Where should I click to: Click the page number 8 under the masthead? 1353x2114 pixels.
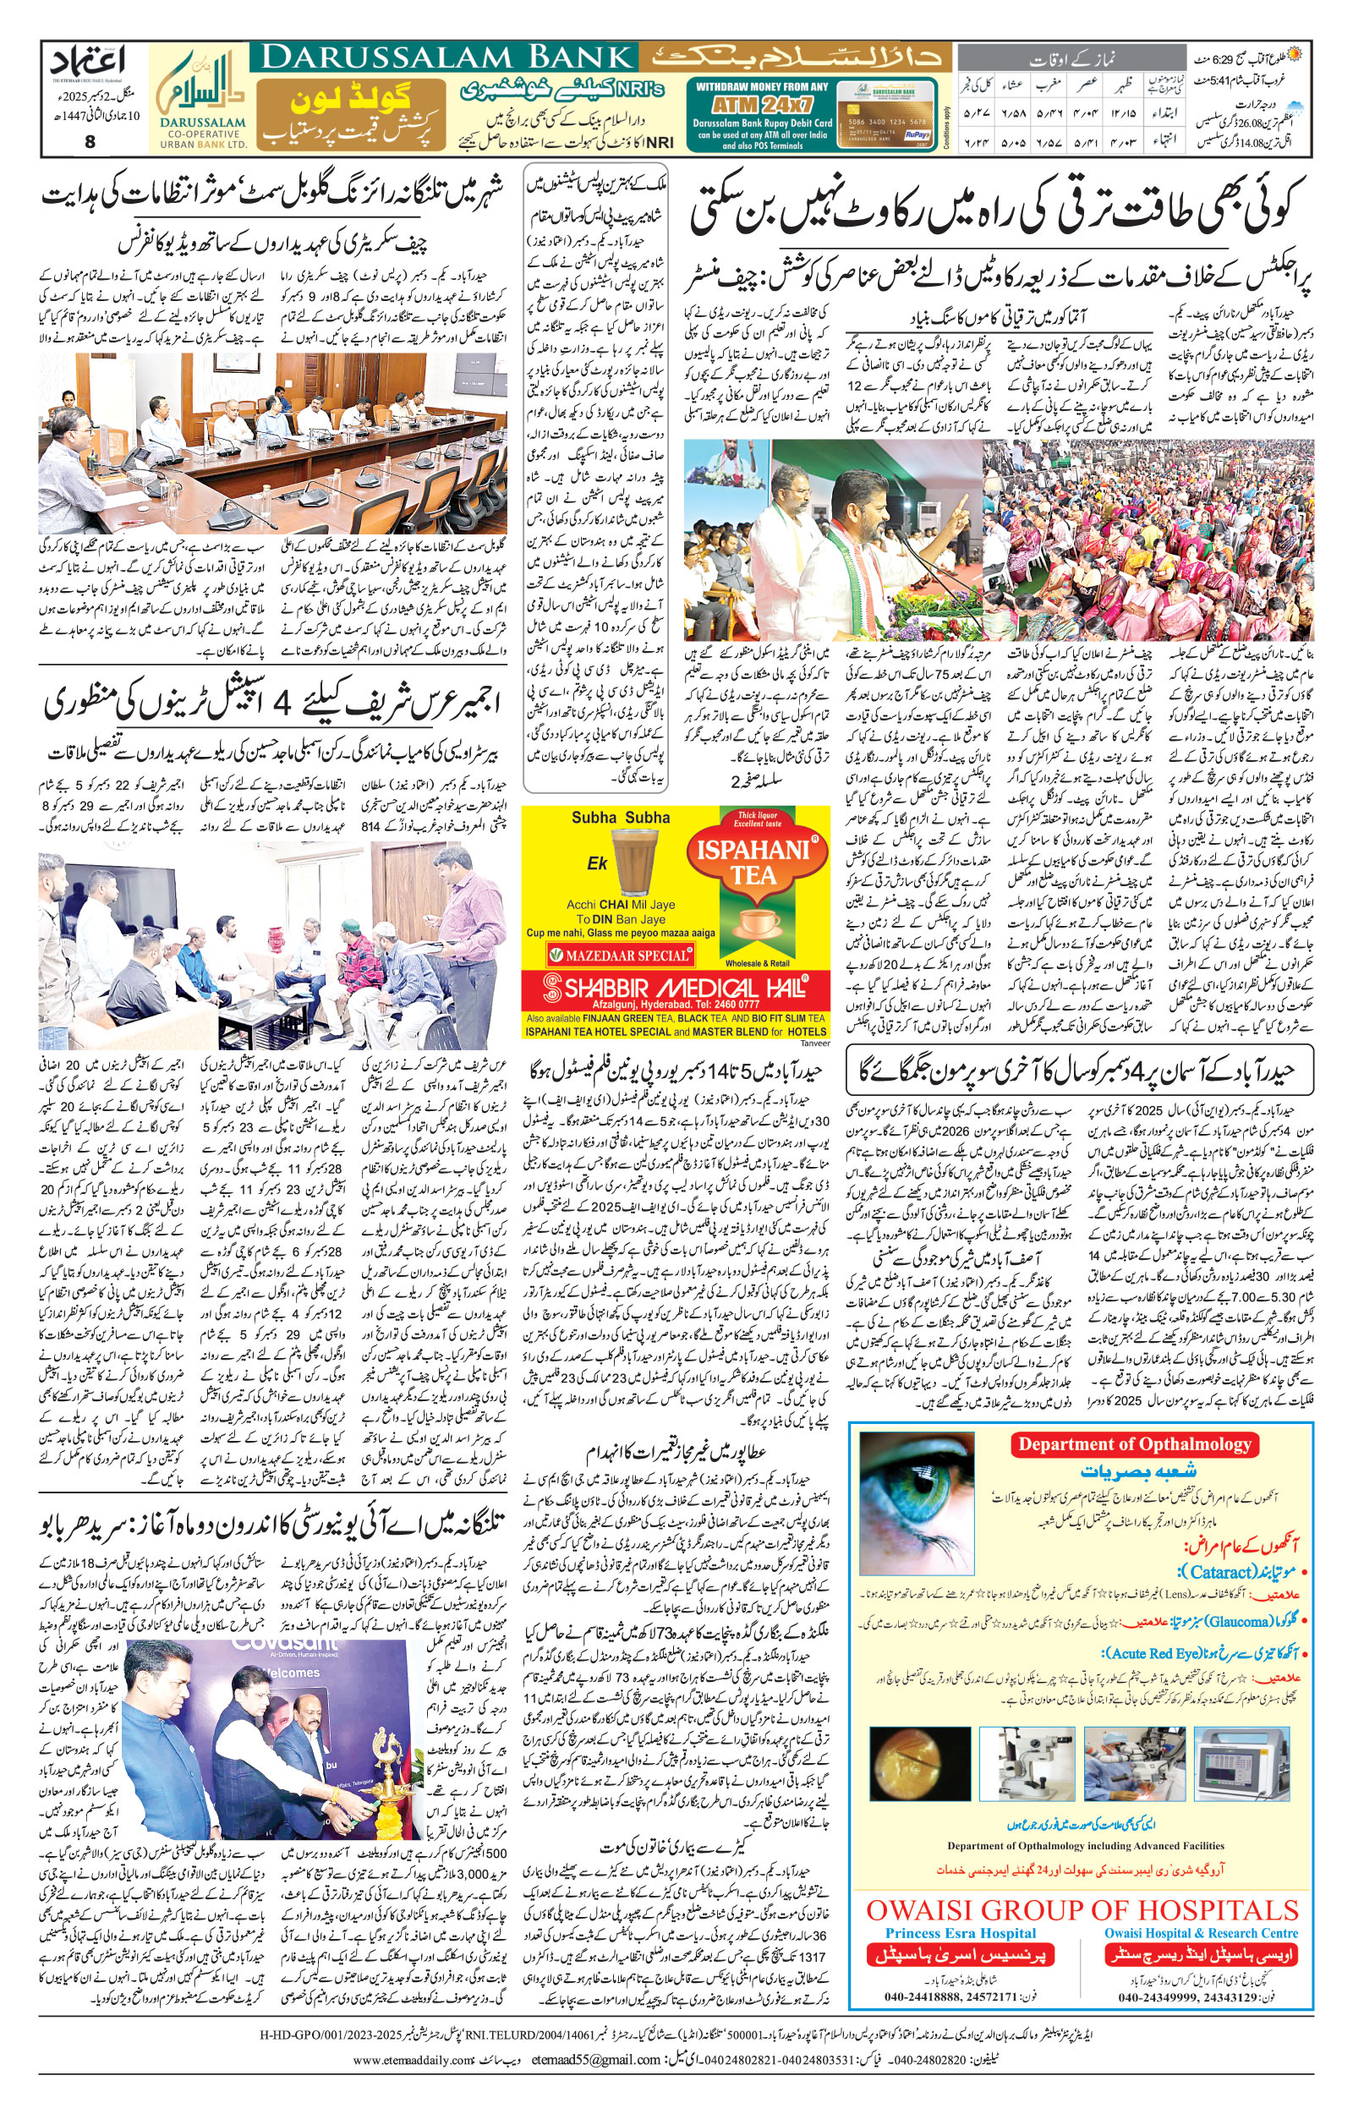pyautogui.click(x=90, y=140)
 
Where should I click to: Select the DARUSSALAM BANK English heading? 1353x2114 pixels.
pyautogui.click(x=448, y=58)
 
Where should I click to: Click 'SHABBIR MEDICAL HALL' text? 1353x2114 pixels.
pyautogui.click(x=674, y=987)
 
